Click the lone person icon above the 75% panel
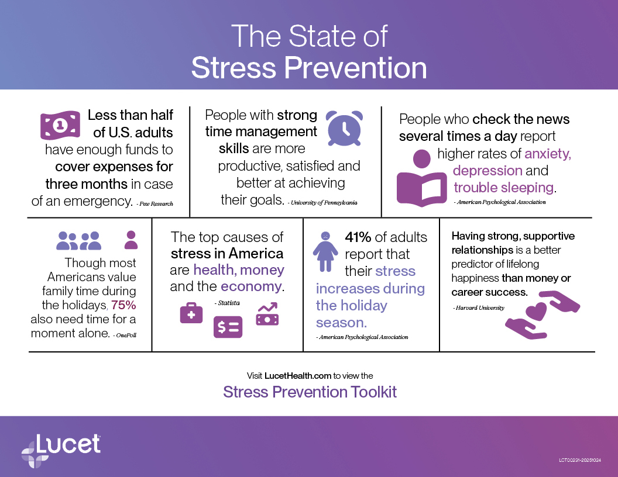click(x=131, y=240)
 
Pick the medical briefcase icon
click(x=191, y=313)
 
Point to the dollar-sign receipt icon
click(x=228, y=327)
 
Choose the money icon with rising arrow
click(x=267, y=314)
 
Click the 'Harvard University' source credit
click(x=478, y=307)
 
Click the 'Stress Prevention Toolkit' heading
click(x=310, y=392)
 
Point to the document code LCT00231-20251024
click(x=579, y=461)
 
